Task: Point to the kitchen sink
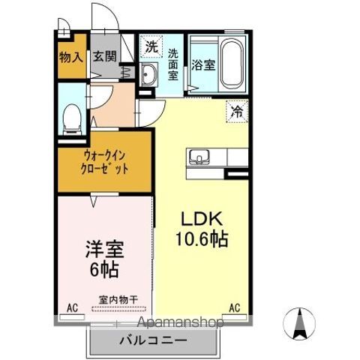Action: pos(199,157)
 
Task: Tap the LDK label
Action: pos(198,220)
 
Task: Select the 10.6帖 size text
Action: pos(202,241)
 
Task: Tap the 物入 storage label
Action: pos(72,56)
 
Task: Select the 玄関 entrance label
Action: pos(103,56)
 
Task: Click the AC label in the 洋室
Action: pos(72,307)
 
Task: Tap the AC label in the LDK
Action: pos(234,307)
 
